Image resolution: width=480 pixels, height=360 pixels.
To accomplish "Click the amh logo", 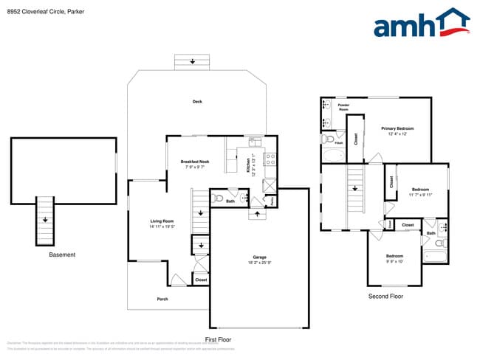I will tap(422, 23).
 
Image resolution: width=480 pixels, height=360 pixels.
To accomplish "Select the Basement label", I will tap(62, 255).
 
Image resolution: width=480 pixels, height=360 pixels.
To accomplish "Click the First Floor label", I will tap(219, 339).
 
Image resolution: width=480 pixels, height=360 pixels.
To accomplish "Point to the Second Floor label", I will tap(385, 296).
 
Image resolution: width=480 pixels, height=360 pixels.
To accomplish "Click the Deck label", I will tap(197, 102).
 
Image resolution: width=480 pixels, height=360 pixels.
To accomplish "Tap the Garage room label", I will tap(258, 257).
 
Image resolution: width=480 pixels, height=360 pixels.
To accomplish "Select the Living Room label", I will tap(162, 221).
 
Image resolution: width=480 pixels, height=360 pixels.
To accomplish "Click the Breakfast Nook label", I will tap(195, 162).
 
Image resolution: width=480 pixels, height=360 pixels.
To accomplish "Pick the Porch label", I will tap(162, 299).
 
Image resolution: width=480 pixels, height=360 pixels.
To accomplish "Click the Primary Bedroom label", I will tap(397, 128).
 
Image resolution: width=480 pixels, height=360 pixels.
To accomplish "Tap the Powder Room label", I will tap(343, 108).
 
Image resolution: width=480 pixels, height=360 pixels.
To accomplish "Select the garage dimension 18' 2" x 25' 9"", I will tap(258, 263).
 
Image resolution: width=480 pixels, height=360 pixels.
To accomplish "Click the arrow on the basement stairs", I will tap(46, 219).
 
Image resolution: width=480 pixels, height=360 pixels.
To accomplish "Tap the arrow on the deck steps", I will tap(193, 61).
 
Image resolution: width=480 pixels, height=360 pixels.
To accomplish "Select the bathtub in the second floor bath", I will tap(435, 255).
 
